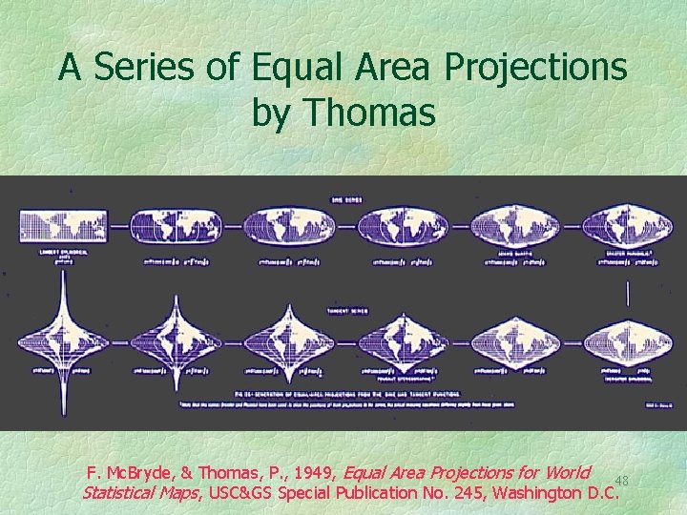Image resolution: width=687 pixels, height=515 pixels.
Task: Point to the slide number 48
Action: click(620, 480)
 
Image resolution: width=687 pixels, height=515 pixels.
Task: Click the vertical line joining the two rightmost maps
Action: click(627, 293)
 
